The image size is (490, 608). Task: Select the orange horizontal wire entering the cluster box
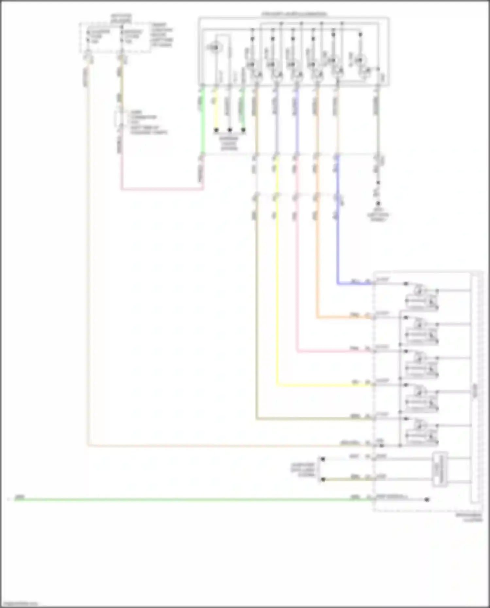point(343,317)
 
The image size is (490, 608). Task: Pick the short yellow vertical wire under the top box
point(215,108)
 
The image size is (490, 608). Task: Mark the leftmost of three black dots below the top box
point(216,130)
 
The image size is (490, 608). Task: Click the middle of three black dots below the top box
point(230,130)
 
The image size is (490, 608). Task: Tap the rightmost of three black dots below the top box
point(243,130)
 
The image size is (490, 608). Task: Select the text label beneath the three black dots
point(229,143)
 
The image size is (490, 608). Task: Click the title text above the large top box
point(294,14)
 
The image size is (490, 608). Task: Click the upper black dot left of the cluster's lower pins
point(323,459)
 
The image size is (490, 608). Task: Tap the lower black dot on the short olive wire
point(323,479)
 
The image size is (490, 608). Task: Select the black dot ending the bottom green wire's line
point(427,500)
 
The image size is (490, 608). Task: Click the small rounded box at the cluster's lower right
point(440,469)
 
